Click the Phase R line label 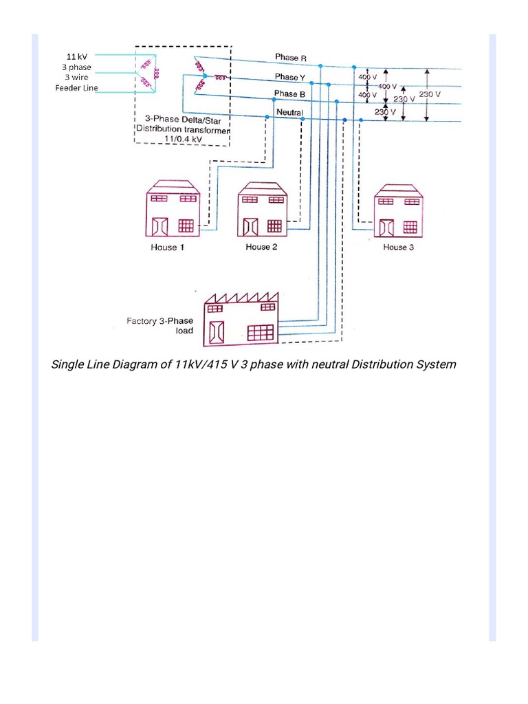coord(286,58)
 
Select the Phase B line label coord(286,94)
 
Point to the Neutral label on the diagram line coord(289,111)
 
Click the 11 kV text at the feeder coord(76,56)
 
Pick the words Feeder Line coord(76,88)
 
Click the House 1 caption coord(167,247)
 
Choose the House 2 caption coord(261,247)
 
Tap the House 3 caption coord(398,247)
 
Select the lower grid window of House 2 coord(274,225)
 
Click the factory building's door coord(216,331)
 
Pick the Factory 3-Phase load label coord(160,325)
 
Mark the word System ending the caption coord(436,364)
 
